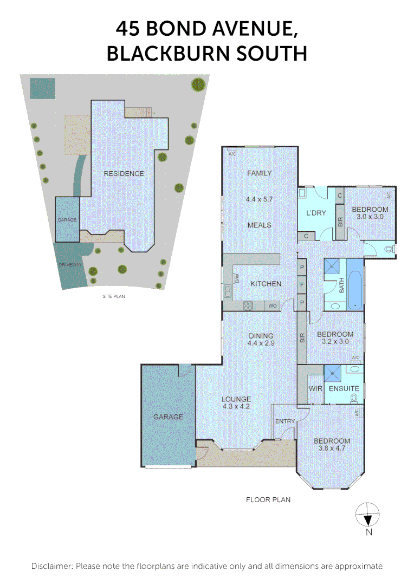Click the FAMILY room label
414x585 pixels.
[x=259, y=173]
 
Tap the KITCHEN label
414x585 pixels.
[x=266, y=284]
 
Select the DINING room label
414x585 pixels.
[x=261, y=336]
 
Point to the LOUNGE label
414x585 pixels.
[x=236, y=400]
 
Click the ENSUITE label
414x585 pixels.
[x=344, y=389]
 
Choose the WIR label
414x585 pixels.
[x=315, y=389]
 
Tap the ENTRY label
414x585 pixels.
[x=285, y=421]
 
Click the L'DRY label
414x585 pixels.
[x=316, y=213]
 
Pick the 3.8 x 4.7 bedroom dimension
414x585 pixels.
[x=332, y=448]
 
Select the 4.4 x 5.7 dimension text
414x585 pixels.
[x=259, y=199]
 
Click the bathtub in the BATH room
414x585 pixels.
[x=354, y=284]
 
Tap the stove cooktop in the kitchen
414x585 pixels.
[x=248, y=305]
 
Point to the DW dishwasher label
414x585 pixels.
[x=237, y=278]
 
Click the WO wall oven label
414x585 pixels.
[x=273, y=306]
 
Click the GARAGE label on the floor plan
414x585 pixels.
[x=168, y=417]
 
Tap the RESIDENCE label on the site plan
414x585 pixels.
[x=125, y=174]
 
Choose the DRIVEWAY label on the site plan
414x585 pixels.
[x=69, y=265]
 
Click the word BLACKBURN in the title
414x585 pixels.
[x=174, y=54]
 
